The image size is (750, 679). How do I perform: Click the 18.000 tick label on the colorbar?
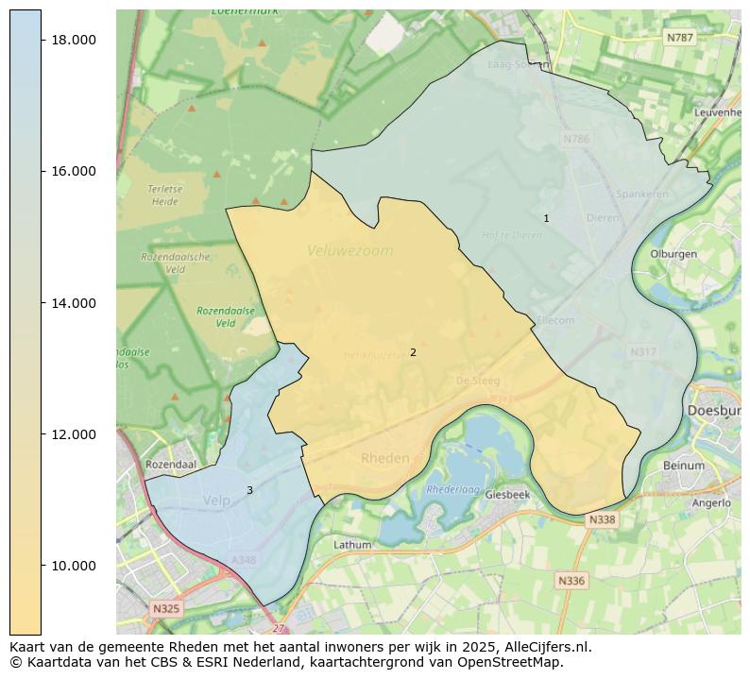coord(74,40)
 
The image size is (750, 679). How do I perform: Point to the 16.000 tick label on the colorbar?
coord(74,171)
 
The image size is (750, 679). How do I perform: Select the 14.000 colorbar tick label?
coord(74,303)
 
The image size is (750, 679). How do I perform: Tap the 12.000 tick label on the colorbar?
coord(74,434)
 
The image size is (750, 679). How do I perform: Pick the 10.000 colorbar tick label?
coord(74,566)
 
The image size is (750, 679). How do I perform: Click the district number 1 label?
coord(546,218)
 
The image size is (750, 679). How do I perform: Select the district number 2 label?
coord(413,352)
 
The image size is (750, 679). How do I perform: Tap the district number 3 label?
coord(249,490)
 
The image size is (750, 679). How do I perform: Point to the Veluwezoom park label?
coord(349,251)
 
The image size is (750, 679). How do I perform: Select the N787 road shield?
coord(678,38)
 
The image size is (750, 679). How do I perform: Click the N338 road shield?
coord(602,520)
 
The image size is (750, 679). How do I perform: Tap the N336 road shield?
coord(571,581)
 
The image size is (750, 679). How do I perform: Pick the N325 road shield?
coord(165,609)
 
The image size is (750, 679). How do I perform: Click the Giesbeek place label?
coord(507,494)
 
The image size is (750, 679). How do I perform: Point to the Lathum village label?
coord(352,545)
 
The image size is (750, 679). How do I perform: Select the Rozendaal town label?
coord(171,465)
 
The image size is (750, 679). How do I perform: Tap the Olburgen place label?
coord(673,254)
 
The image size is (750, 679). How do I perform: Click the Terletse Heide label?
coord(164,195)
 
